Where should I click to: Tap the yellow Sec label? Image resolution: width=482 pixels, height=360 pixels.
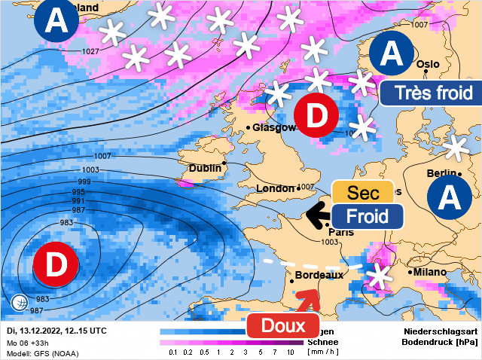tap(363, 193)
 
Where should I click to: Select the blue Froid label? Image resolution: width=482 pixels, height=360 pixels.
tap(368, 216)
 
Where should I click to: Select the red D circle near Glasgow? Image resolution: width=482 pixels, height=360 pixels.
tap(316, 116)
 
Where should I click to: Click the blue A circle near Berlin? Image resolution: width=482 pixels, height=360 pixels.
tap(450, 197)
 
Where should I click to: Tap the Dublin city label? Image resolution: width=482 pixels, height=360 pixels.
tap(204, 169)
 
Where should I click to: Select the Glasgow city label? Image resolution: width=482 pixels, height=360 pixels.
tap(273, 128)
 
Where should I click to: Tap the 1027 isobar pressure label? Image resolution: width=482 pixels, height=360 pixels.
tap(91, 51)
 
